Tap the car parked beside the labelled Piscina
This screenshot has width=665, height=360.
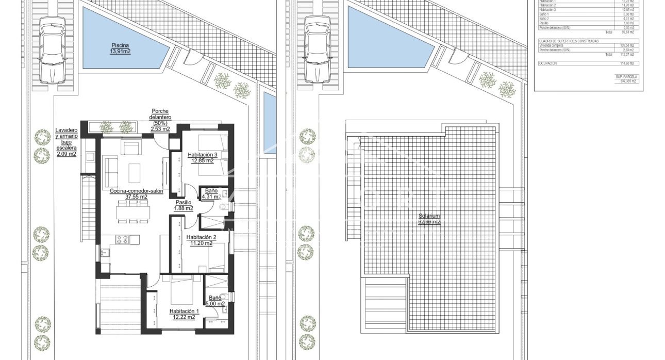[53, 50]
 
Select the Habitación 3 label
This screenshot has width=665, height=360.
[201, 157]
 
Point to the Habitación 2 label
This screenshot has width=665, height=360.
[201, 240]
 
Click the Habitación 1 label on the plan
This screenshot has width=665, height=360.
[184, 314]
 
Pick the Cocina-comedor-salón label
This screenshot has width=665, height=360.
[136, 193]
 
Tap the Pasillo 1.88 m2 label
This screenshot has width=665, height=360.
[184, 205]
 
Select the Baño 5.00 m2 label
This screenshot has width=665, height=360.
[215, 301]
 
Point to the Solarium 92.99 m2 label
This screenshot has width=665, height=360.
[429, 219]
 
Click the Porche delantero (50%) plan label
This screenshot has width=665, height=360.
[160, 120]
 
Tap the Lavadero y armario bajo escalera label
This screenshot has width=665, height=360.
[66, 142]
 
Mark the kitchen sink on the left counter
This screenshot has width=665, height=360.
[102, 252]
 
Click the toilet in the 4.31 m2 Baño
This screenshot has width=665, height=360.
[224, 207]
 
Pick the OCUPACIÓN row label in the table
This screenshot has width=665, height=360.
[547, 63]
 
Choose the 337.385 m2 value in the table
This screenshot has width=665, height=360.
[628, 81]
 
